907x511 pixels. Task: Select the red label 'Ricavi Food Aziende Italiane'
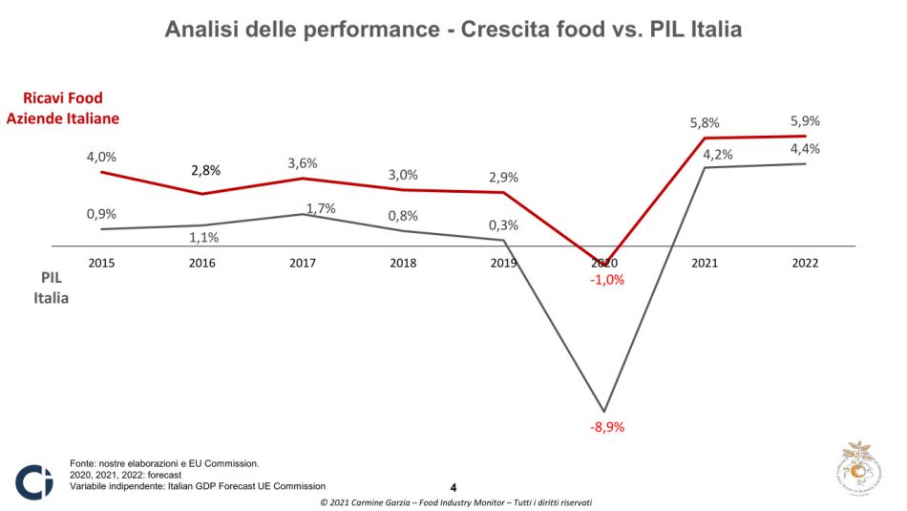coord(64,108)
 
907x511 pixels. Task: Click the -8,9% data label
coord(605,427)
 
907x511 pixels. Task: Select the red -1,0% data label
coord(606,281)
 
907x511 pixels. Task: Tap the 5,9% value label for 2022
coord(805,121)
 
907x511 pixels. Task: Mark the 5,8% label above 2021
coord(704,123)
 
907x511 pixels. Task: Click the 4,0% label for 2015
coord(101,157)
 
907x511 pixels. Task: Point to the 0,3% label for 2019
coord(503,225)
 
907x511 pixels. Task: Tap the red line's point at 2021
coord(705,138)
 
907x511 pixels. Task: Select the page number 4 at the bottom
coord(453,487)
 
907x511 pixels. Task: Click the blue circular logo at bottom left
coord(34,481)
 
